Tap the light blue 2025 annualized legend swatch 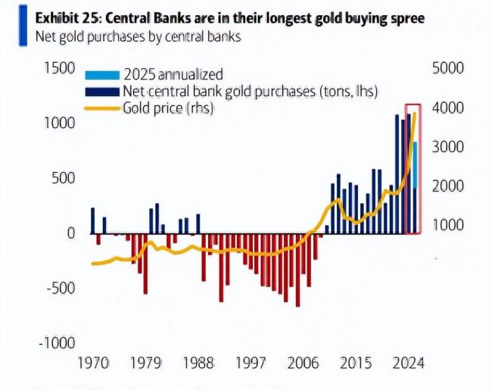pyautogui.click(x=101, y=75)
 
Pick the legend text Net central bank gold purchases pyautogui.click(x=250, y=92)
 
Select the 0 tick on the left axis pyautogui.click(x=71, y=233)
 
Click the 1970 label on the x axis pyautogui.click(x=94, y=363)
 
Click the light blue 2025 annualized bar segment pyautogui.click(x=414, y=163)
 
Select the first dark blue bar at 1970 pyautogui.click(x=92, y=220)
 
